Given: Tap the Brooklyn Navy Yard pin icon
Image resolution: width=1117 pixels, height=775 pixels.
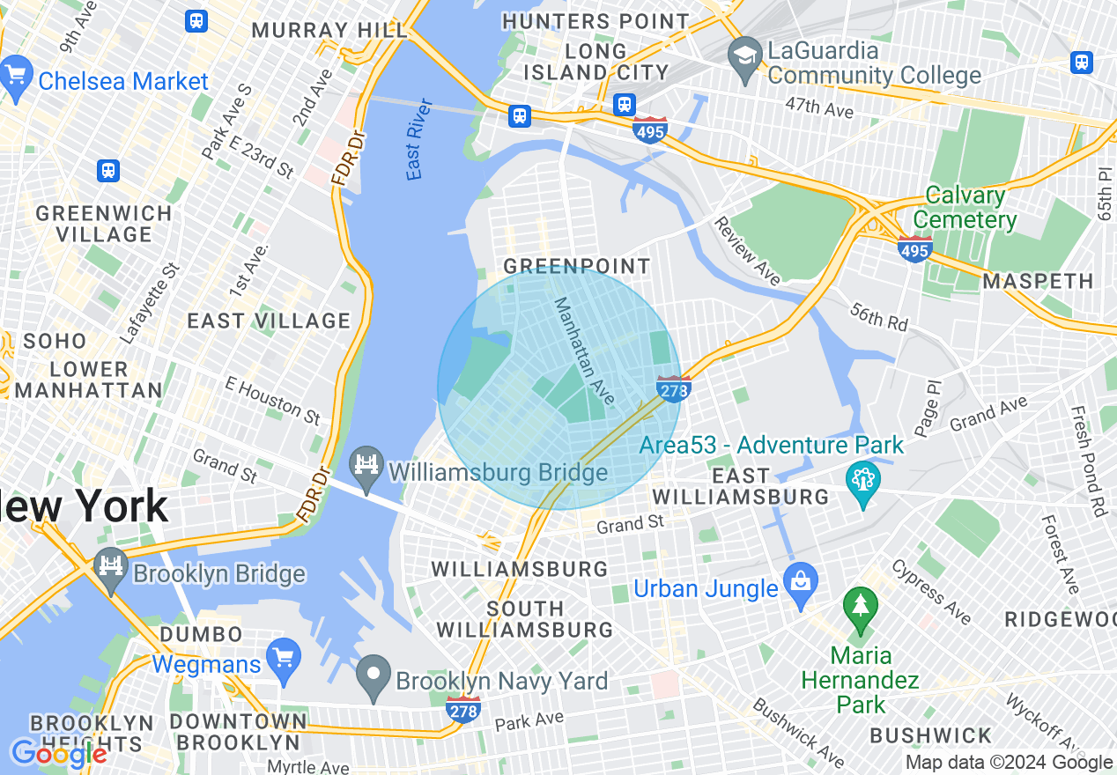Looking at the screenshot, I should coord(374,676).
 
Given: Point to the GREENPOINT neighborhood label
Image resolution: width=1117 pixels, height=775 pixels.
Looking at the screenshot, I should coord(576,266).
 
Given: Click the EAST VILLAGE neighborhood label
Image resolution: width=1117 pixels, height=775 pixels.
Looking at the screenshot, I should coord(269,321).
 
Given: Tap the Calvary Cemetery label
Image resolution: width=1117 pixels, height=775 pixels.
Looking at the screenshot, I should coord(965,207).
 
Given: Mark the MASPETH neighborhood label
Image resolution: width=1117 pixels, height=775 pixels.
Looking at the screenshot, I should coord(1038,282).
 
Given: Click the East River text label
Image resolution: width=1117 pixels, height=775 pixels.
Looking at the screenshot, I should coord(420,139).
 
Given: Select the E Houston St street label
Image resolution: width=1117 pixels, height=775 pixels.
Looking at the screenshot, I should coord(273,400).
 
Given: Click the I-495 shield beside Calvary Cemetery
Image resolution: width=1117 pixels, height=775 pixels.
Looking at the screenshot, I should coord(915,248).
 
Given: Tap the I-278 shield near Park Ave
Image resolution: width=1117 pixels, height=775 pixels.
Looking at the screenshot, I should coord(463,708).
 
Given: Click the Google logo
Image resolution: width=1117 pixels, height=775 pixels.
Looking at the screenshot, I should coord(58,754).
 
